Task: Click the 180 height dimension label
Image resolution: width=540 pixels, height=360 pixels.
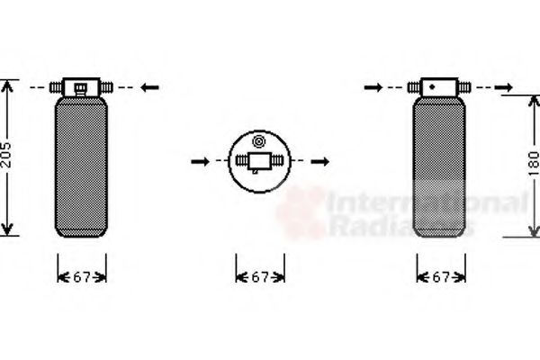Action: point(532,163)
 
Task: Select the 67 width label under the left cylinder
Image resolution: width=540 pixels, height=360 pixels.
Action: point(82,277)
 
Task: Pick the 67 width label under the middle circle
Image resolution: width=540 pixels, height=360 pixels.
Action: point(260,277)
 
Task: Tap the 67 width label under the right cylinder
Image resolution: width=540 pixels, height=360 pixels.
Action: point(440,277)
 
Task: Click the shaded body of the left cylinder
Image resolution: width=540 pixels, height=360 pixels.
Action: point(81,167)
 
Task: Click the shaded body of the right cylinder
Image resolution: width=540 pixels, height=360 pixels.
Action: point(439,167)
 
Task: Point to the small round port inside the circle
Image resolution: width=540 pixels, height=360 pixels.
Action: point(258,141)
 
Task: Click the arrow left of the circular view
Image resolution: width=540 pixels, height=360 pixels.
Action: point(200,163)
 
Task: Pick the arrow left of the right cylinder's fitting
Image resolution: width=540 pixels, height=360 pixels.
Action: point(373,87)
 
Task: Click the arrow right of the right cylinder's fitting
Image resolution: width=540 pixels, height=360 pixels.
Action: point(507,87)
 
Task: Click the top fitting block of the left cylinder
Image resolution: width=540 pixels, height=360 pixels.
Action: point(81,87)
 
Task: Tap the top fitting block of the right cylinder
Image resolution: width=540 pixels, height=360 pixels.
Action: point(439,87)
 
